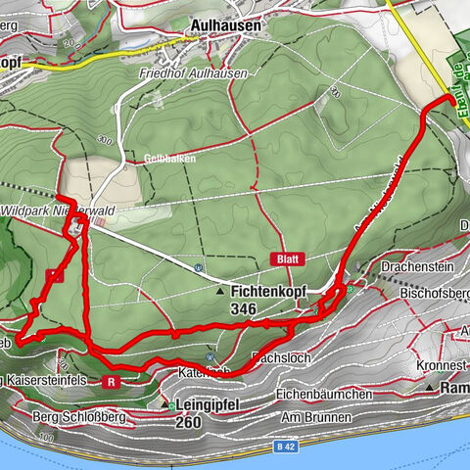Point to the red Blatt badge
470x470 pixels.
tap(290, 258)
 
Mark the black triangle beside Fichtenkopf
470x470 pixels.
tap(220, 292)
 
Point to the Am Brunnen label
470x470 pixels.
tap(315, 418)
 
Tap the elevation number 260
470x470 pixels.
tap(192, 422)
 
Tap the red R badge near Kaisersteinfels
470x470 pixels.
tap(114, 382)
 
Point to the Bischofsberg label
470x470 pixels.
tap(436, 293)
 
